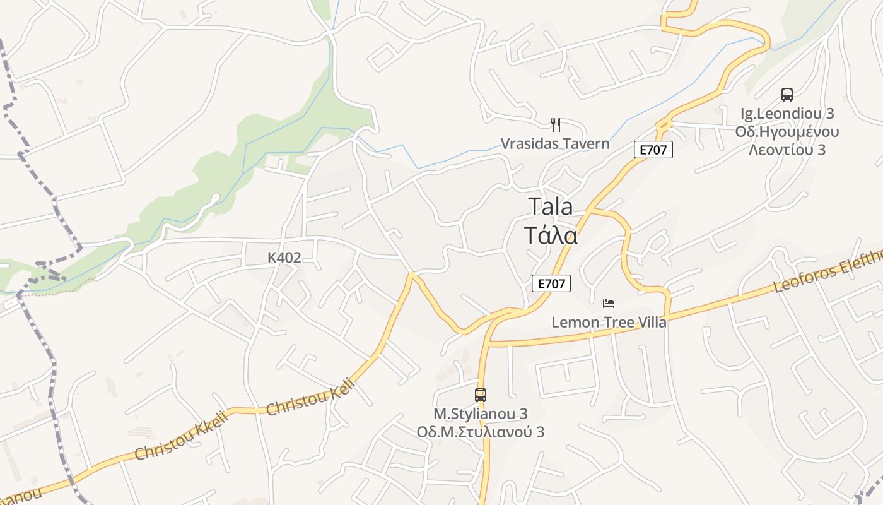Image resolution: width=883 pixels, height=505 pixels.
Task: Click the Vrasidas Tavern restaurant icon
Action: pyautogui.click(x=555, y=124)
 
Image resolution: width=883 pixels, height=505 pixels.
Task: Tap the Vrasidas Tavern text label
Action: pyautogui.click(x=555, y=143)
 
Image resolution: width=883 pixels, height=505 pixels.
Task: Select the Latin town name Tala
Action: pyautogui.click(x=550, y=206)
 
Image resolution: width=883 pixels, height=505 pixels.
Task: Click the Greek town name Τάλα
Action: pyautogui.click(x=551, y=235)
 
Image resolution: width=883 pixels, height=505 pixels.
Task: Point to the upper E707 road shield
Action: pyautogui.click(x=653, y=150)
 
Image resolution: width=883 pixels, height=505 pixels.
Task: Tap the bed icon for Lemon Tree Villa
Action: pyautogui.click(x=609, y=304)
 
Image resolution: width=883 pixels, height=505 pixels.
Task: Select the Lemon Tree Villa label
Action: pyautogui.click(x=609, y=322)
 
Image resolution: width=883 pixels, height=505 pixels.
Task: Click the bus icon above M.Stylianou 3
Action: pyautogui.click(x=481, y=395)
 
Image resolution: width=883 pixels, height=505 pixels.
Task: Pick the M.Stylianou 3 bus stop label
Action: pyautogui.click(x=481, y=414)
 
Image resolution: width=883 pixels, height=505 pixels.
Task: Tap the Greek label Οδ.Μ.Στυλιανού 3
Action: pyautogui.click(x=481, y=432)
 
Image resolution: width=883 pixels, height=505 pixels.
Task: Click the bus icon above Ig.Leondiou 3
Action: pyautogui.click(x=787, y=95)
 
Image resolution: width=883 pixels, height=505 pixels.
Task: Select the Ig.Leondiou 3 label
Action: pyautogui.click(x=787, y=114)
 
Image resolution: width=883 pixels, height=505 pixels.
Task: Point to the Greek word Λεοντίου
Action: pyautogui.click(x=780, y=150)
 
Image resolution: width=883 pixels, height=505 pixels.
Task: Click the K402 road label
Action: pyautogui.click(x=284, y=258)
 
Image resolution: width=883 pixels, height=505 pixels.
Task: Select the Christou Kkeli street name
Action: pyautogui.click(x=180, y=437)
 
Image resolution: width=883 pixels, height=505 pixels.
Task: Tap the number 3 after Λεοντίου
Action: pyautogui.click(x=821, y=150)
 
